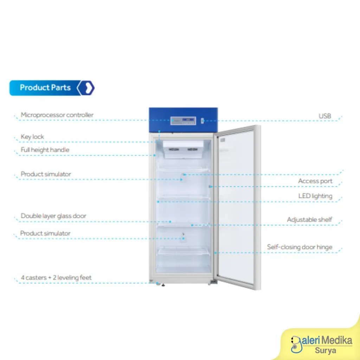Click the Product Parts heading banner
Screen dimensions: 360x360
point(52,88)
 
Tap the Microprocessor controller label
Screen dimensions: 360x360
point(57,115)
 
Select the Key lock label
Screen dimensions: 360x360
point(32,137)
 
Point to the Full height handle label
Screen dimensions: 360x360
point(45,150)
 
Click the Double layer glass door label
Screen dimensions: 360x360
point(53,216)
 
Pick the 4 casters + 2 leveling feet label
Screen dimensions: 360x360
point(56,278)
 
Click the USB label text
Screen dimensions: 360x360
point(325,116)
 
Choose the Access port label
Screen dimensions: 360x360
point(315,181)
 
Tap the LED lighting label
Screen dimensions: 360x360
point(315,196)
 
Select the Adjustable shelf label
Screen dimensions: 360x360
point(309,220)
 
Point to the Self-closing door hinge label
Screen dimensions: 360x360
point(300,247)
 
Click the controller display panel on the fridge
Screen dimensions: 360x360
point(183,121)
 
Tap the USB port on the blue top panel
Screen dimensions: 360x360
point(202,121)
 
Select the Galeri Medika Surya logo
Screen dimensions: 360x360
point(321,345)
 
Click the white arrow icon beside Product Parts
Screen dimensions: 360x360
point(88,88)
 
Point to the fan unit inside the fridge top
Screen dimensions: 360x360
point(183,149)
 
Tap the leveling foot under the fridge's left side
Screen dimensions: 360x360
point(163,285)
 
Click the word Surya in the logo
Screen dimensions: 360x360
point(325,351)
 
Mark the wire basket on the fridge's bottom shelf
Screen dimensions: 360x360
point(183,252)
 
